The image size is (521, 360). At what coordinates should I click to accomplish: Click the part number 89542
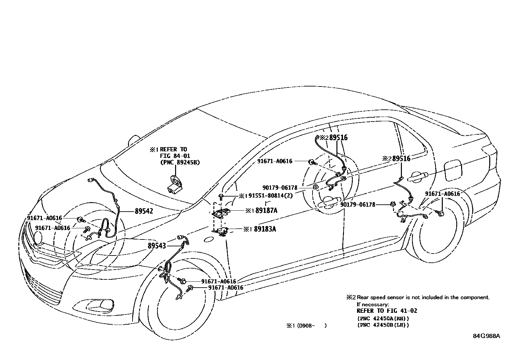click(144, 211)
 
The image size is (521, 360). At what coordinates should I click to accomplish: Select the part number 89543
click(157, 245)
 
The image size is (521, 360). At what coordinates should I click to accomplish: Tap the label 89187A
click(266, 211)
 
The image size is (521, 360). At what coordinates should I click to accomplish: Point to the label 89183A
click(265, 229)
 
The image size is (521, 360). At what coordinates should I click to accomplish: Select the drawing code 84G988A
click(486, 336)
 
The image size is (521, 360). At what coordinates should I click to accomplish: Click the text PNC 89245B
click(180, 162)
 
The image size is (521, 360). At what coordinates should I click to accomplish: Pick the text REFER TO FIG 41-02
click(387, 311)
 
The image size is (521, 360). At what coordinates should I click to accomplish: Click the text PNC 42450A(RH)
click(383, 318)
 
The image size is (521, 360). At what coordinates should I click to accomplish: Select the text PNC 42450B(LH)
click(383, 325)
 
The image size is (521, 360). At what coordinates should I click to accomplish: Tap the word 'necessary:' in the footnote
click(375, 304)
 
